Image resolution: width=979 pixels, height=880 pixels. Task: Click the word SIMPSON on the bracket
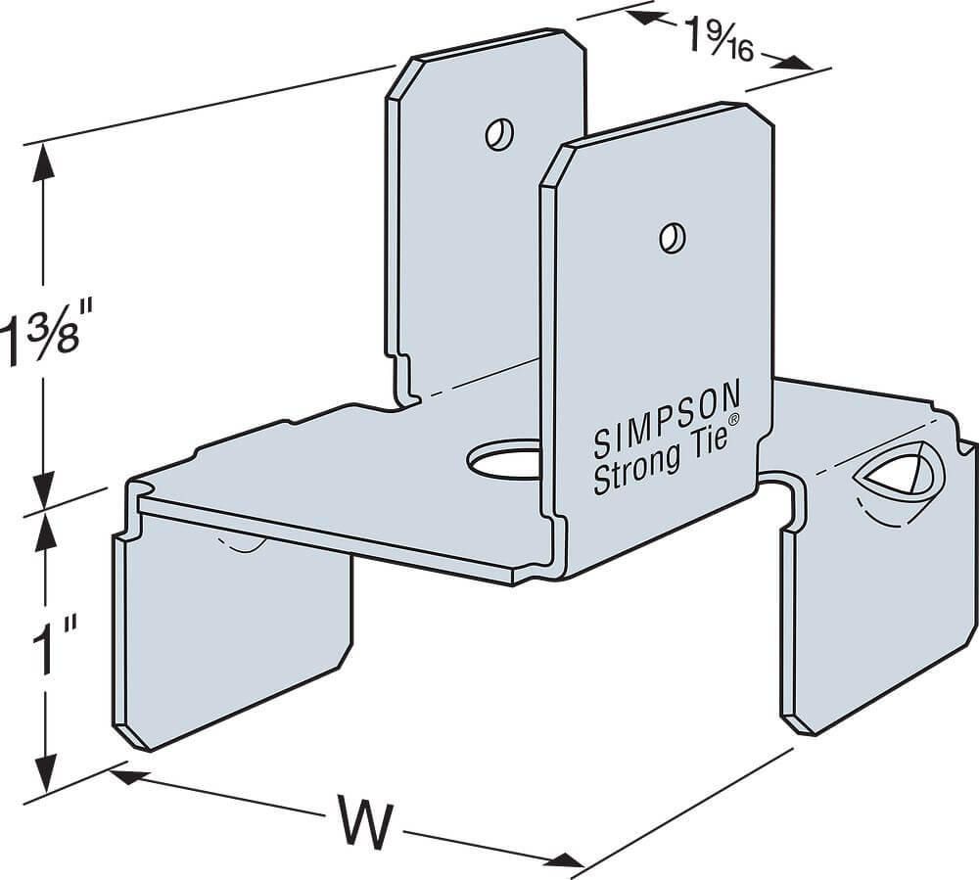tap(668, 419)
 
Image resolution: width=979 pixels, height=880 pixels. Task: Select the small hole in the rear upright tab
tap(498, 133)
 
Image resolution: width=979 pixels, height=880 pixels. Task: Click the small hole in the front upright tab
tap(672, 237)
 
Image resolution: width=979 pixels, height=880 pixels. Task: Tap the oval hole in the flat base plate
tap(504, 460)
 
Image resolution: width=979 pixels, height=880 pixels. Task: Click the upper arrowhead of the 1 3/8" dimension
tap(42, 162)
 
